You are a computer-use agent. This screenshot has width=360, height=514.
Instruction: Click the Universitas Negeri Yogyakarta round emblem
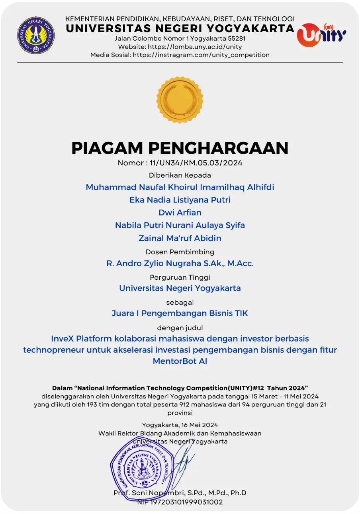coord(36,35)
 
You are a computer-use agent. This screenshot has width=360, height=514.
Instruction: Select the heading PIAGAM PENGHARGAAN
coord(180,148)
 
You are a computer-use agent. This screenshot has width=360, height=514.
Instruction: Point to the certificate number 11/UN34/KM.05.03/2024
coord(196,163)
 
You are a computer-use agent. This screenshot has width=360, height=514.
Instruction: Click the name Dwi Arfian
coord(180,212)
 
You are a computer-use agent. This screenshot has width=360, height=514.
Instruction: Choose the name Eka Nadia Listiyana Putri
coord(180,200)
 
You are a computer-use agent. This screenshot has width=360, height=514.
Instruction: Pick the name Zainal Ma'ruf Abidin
coord(180,238)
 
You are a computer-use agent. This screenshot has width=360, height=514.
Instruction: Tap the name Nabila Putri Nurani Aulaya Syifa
coord(180,225)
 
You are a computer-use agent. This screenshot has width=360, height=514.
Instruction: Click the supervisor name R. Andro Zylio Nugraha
coord(180,263)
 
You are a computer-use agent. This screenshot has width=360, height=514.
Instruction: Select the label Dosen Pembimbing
coord(180,252)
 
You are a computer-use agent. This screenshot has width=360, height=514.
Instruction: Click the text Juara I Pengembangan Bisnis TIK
coord(180,313)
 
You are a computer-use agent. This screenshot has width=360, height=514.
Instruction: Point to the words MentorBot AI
coord(180,361)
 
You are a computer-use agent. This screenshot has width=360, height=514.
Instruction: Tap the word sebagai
coord(180,302)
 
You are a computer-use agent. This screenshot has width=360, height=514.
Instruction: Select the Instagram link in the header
coord(201,55)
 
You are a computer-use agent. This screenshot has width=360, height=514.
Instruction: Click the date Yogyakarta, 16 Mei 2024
coord(180,425)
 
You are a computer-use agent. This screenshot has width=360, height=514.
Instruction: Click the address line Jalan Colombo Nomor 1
coord(180,39)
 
